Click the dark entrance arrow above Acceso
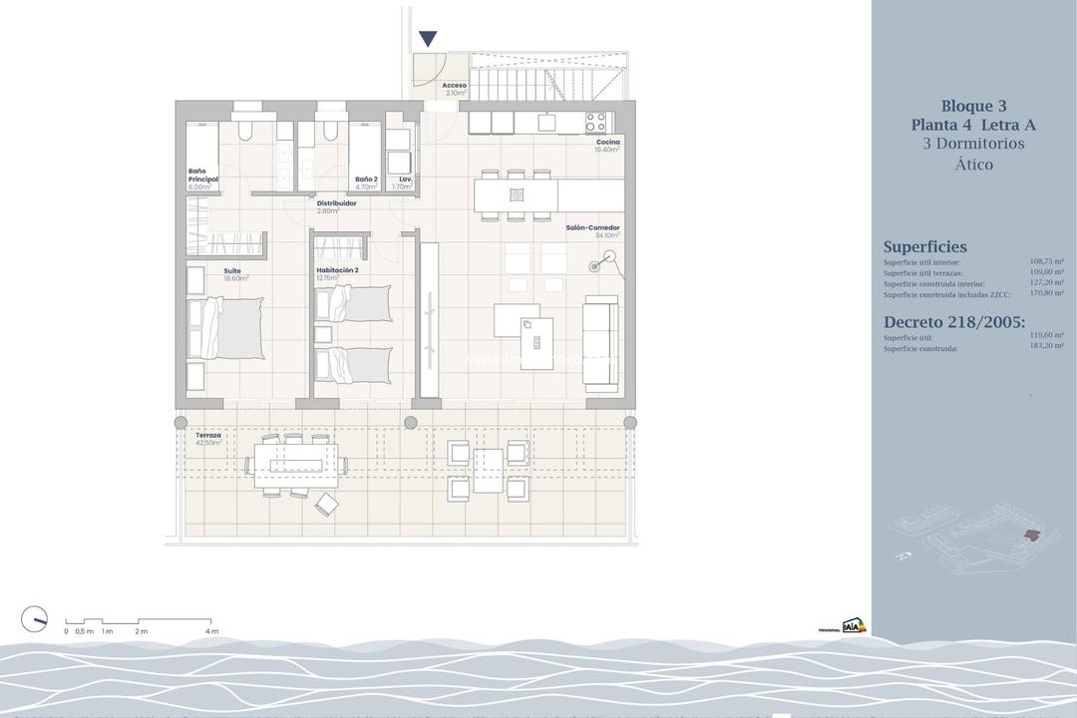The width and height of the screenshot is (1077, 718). click(428, 39)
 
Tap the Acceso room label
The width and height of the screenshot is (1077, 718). click(455, 86)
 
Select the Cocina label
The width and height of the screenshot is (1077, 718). click(608, 143)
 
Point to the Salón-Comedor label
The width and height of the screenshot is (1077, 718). click(593, 228)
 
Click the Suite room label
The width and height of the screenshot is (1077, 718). click(232, 270)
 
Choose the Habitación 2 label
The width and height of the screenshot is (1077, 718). click(337, 270)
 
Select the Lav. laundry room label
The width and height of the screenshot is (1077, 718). click(405, 179)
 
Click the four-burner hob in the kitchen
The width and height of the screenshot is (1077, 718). click(595, 123)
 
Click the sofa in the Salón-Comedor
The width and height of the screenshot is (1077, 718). click(599, 341)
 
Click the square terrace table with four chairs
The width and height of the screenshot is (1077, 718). click(488, 471)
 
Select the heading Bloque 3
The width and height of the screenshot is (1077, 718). click(973, 107)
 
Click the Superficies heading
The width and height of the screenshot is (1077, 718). click(924, 247)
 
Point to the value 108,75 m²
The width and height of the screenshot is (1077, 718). click(1046, 262)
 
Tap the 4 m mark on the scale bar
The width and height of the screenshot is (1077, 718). click(211, 631)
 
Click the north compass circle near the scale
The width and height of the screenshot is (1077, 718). click(34, 619)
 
